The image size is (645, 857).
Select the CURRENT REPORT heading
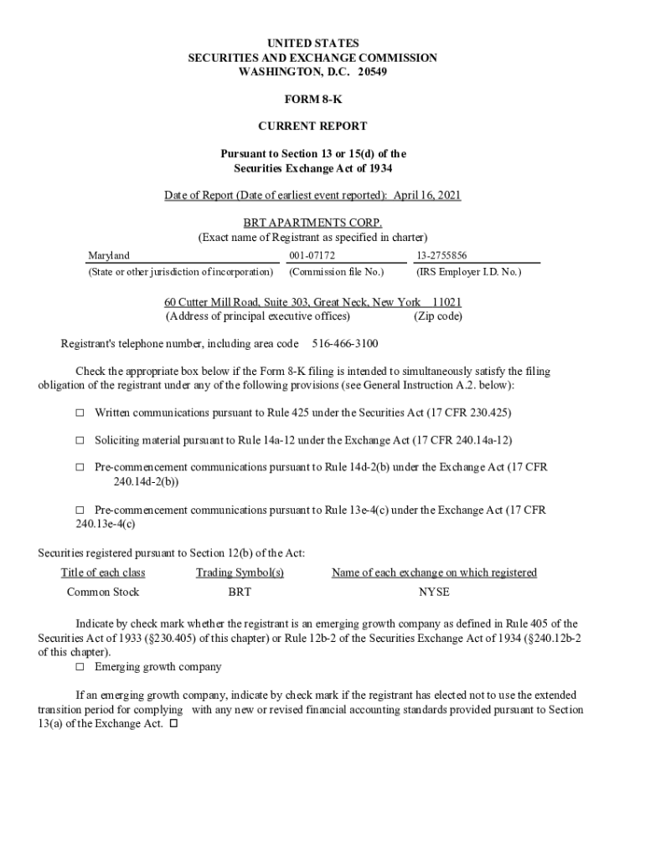point(312,126)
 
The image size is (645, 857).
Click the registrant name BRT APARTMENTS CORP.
point(312,223)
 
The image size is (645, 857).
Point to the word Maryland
point(110,254)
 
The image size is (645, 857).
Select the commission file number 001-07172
point(312,254)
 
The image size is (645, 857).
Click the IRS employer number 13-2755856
point(441,254)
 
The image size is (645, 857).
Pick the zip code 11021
point(447,302)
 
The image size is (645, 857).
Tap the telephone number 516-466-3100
point(345,344)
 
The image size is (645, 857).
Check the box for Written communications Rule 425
point(80,413)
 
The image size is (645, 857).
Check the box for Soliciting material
point(80,439)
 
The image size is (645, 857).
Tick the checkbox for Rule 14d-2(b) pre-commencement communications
point(80,467)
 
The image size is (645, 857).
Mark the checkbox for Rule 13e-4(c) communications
point(80,510)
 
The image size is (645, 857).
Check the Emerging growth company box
point(80,667)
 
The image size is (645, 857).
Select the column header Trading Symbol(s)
point(240,572)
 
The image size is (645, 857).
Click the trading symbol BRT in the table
point(240,592)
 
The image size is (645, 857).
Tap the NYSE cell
point(434,592)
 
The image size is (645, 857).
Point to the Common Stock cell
point(103,592)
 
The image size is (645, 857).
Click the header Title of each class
point(103,572)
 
